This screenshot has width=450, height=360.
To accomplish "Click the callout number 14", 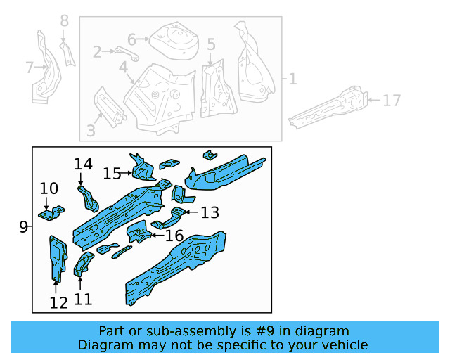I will pos(84,164).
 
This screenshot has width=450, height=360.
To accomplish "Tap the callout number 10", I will pos(49,188).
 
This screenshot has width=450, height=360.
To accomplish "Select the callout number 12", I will pos(58,303).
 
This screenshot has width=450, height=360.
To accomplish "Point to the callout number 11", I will pos(83,300).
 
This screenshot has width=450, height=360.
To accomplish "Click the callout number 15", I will pos(112,173).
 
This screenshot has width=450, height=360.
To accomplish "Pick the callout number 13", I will pos(210,212).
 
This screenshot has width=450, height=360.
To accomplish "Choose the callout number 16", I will pos(174,235).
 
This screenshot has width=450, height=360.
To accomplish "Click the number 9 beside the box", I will pos(23,227).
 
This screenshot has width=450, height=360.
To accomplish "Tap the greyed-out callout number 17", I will pos(391,101).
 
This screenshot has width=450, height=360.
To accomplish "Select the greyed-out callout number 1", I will pos(292,79).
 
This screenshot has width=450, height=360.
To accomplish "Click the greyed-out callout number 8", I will pos(65,21).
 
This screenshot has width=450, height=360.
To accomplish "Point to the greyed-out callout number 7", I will pos(29,67).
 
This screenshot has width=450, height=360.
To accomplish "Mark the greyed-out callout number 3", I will pos(91,130).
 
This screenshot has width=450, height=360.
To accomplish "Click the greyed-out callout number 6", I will pos(131,39).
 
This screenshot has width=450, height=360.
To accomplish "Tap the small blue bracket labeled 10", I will pos(51,212).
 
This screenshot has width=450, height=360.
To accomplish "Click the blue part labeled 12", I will pos(56,257).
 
